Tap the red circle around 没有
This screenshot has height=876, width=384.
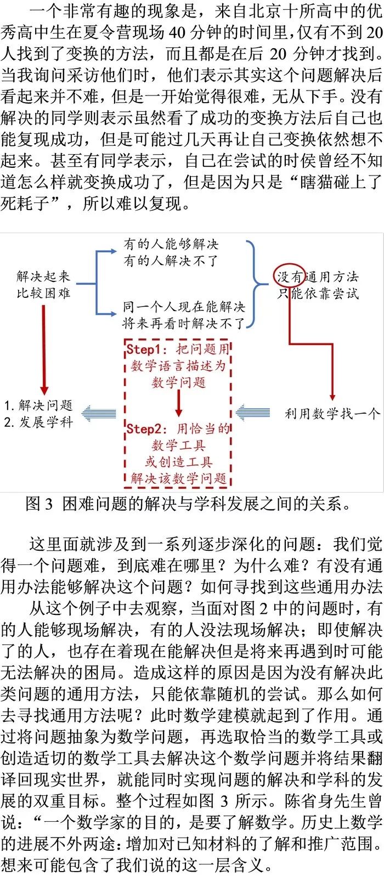coord(290,276)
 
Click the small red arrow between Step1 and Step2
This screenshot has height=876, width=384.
coord(178,404)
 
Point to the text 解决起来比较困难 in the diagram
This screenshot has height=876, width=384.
coord(43,285)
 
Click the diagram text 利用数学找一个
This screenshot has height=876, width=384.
coord(332,414)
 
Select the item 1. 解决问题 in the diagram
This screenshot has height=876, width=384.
coord(38,405)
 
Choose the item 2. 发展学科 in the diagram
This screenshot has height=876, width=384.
coord(38,422)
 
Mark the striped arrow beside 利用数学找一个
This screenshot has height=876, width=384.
coord(253,412)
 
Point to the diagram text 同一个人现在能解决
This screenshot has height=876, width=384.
coord(184,307)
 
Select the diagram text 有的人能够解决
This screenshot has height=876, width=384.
coord(171,244)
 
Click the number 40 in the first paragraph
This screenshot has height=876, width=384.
coord(178,32)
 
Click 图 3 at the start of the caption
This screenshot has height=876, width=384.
coord(39,504)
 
